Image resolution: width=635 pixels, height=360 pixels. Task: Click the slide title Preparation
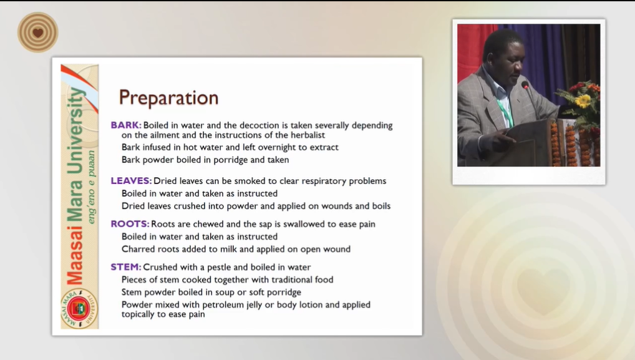pyautogui.click(x=168, y=98)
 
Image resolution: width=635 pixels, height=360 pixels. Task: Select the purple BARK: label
pyautogui.click(x=126, y=125)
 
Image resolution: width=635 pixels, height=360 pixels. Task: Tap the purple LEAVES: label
pyautogui.click(x=131, y=180)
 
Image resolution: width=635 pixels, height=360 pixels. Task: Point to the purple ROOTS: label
pyautogui.click(x=130, y=224)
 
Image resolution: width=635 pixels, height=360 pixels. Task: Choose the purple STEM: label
pyautogui.click(x=126, y=267)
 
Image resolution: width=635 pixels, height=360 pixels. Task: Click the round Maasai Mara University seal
pyautogui.click(x=79, y=309)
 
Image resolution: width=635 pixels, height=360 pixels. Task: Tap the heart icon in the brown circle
pyautogui.click(x=38, y=32)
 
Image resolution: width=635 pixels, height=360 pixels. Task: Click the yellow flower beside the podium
pyautogui.click(x=583, y=100)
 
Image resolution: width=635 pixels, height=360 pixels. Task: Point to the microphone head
pyautogui.click(x=525, y=85)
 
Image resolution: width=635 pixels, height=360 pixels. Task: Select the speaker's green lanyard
pyautogui.click(x=505, y=109)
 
